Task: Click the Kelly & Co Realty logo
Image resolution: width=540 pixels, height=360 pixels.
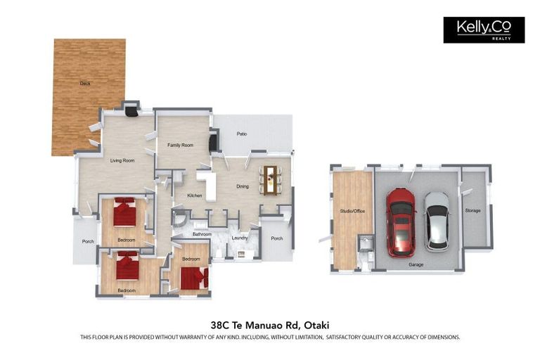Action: [484, 30]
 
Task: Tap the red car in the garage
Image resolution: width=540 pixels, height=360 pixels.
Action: [401, 223]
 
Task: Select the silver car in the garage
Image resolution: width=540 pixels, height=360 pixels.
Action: [437, 221]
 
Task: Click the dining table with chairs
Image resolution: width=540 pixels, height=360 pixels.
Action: [270, 180]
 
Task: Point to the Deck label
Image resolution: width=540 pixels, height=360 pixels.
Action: [85, 84]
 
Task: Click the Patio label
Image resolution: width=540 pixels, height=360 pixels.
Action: [242, 134]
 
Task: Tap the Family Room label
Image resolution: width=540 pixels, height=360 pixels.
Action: [180, 145]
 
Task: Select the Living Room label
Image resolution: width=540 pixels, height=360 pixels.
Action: [122, 160]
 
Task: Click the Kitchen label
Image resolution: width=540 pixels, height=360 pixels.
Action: [195, 195]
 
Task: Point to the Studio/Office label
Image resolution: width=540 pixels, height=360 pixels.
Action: [352, 211]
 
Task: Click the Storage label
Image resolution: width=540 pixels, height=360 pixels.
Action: [472, 210]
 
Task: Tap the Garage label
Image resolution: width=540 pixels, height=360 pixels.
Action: [416, 264]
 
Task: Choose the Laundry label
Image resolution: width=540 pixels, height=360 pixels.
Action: [240, 238]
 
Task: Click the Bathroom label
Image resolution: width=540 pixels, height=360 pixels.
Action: [202, 234]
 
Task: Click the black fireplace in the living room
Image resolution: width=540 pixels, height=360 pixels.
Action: [131, 111]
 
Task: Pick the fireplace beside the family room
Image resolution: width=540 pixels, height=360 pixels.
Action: [214, 141]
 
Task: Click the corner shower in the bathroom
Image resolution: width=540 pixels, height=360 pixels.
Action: [180, 219]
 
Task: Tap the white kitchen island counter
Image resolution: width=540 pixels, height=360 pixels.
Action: [207, 185]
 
